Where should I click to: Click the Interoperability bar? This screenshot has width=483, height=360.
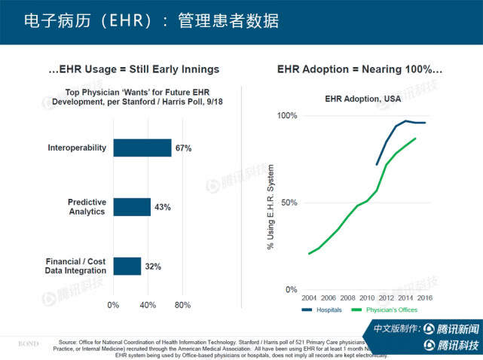point(142,148)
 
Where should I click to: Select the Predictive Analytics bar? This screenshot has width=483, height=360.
point(132,207)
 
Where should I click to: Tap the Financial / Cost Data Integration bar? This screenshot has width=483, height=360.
point(127,266)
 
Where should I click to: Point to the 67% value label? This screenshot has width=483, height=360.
point(183,148)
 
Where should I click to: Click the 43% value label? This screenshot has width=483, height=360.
point(163,207)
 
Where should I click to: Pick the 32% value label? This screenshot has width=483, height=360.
point(153,267)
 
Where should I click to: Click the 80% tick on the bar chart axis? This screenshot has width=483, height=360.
point(182,305)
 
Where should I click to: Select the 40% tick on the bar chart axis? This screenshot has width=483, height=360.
point(148,305)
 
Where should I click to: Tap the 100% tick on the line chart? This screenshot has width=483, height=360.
point(287,115)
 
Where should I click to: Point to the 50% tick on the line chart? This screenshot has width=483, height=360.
point(289,203)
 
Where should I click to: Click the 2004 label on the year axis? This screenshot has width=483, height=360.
point(309,297)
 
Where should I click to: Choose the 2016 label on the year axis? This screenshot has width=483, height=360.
point(424,297)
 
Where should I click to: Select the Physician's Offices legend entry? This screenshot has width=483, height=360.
point(388,310)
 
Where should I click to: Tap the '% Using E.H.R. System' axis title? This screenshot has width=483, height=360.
point(271,203)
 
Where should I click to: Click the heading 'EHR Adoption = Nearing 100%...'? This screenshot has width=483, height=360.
point(359,69)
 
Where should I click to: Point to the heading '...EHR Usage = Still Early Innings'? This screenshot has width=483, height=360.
point(133,69)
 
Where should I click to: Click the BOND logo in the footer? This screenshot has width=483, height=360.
point(28,343)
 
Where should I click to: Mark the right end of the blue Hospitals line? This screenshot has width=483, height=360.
point(426,123)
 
